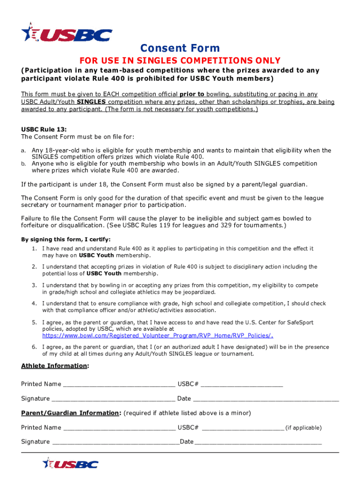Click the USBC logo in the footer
pos(71,464)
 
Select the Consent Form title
pos(180,48)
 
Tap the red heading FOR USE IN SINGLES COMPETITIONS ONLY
pos(180,61)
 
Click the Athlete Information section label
pos(55,366)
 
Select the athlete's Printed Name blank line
pos(119,385)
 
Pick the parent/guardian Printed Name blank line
pos(119,428)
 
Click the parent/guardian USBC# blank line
pos(243,428)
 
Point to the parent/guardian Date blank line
pos(258,443)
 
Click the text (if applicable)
pos(303,428)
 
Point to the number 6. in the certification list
pos(35,347)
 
